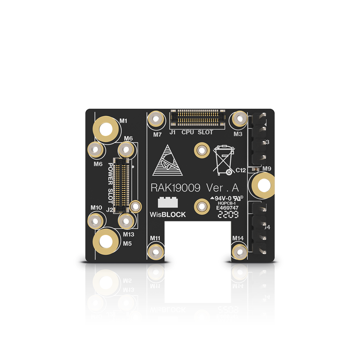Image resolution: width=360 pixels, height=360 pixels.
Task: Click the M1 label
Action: click(123, 121)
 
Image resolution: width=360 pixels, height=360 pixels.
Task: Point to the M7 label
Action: click(157, 135)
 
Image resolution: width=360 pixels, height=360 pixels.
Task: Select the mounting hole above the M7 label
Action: click(156, 118)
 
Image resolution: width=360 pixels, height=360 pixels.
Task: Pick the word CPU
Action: click(188, 132)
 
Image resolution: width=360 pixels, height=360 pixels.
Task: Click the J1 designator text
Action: click(173, 132)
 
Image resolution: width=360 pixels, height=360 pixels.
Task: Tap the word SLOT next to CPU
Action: click(205, 132)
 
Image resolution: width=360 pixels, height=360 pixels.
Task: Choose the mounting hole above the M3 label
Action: click(240, 118)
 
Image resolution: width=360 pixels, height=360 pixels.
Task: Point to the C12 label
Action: click(240, 170)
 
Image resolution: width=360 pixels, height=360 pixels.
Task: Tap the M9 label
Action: click(267, 168)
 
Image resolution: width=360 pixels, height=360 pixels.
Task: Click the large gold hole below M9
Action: click(264, 185)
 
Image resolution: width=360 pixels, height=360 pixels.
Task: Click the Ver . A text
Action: click(222, 188)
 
